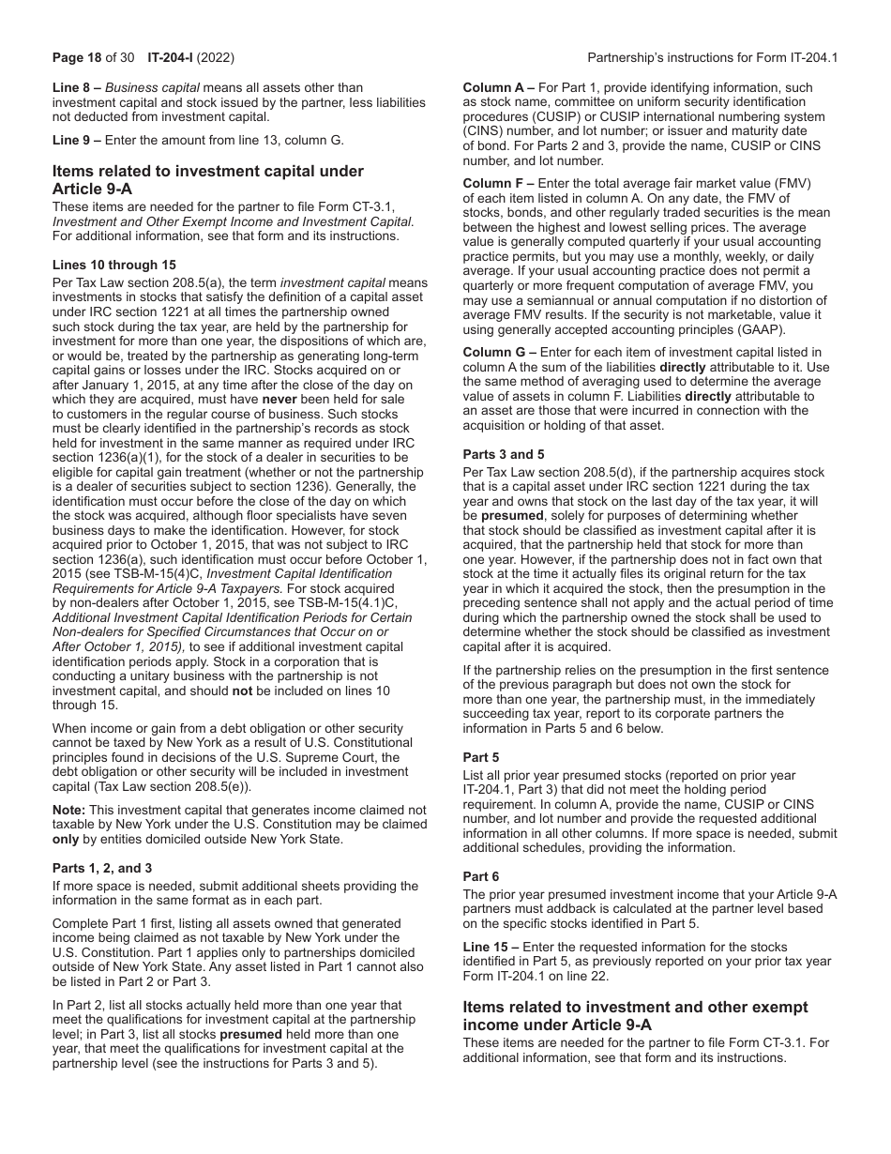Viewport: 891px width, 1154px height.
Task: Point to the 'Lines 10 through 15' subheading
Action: [113, 266]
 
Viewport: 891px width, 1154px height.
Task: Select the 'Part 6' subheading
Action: [481, 876]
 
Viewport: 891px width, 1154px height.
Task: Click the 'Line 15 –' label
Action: [491, 947]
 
